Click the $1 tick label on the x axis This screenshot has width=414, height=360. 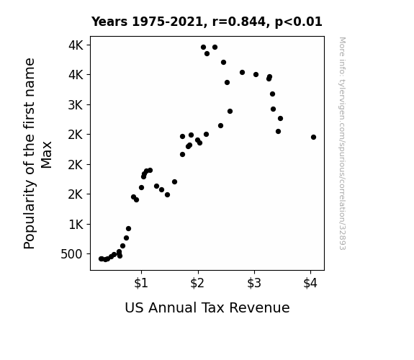pyautogui.click(x=141, y=283)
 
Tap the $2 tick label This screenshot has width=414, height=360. pyautogui.click(x=197, y=283)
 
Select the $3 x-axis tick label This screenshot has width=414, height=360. pyautogui.click(x=254, y=283)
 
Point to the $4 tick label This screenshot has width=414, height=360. pyautogui.click(x=310, y=283)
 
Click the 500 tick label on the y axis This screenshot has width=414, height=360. pyautogui.click(x=71, y=254)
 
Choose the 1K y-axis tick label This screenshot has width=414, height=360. pyautogui.click(x=76, y=225)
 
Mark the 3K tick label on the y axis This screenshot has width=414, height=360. pyautogui.click(x=76, y=105)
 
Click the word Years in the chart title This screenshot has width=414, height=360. pyautogui.click(x=109, y=22)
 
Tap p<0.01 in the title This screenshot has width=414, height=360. pyautogui.click(x=299, y=22)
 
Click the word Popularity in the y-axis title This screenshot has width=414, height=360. pyautogui.click(x=30, y=215)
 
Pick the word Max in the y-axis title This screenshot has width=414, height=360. pyautogui.click(x=47, y=155)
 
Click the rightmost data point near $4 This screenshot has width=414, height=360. pyautogui.click(x=313, y=137)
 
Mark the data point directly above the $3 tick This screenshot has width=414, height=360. pyautogui.click(x=256, y=74)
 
